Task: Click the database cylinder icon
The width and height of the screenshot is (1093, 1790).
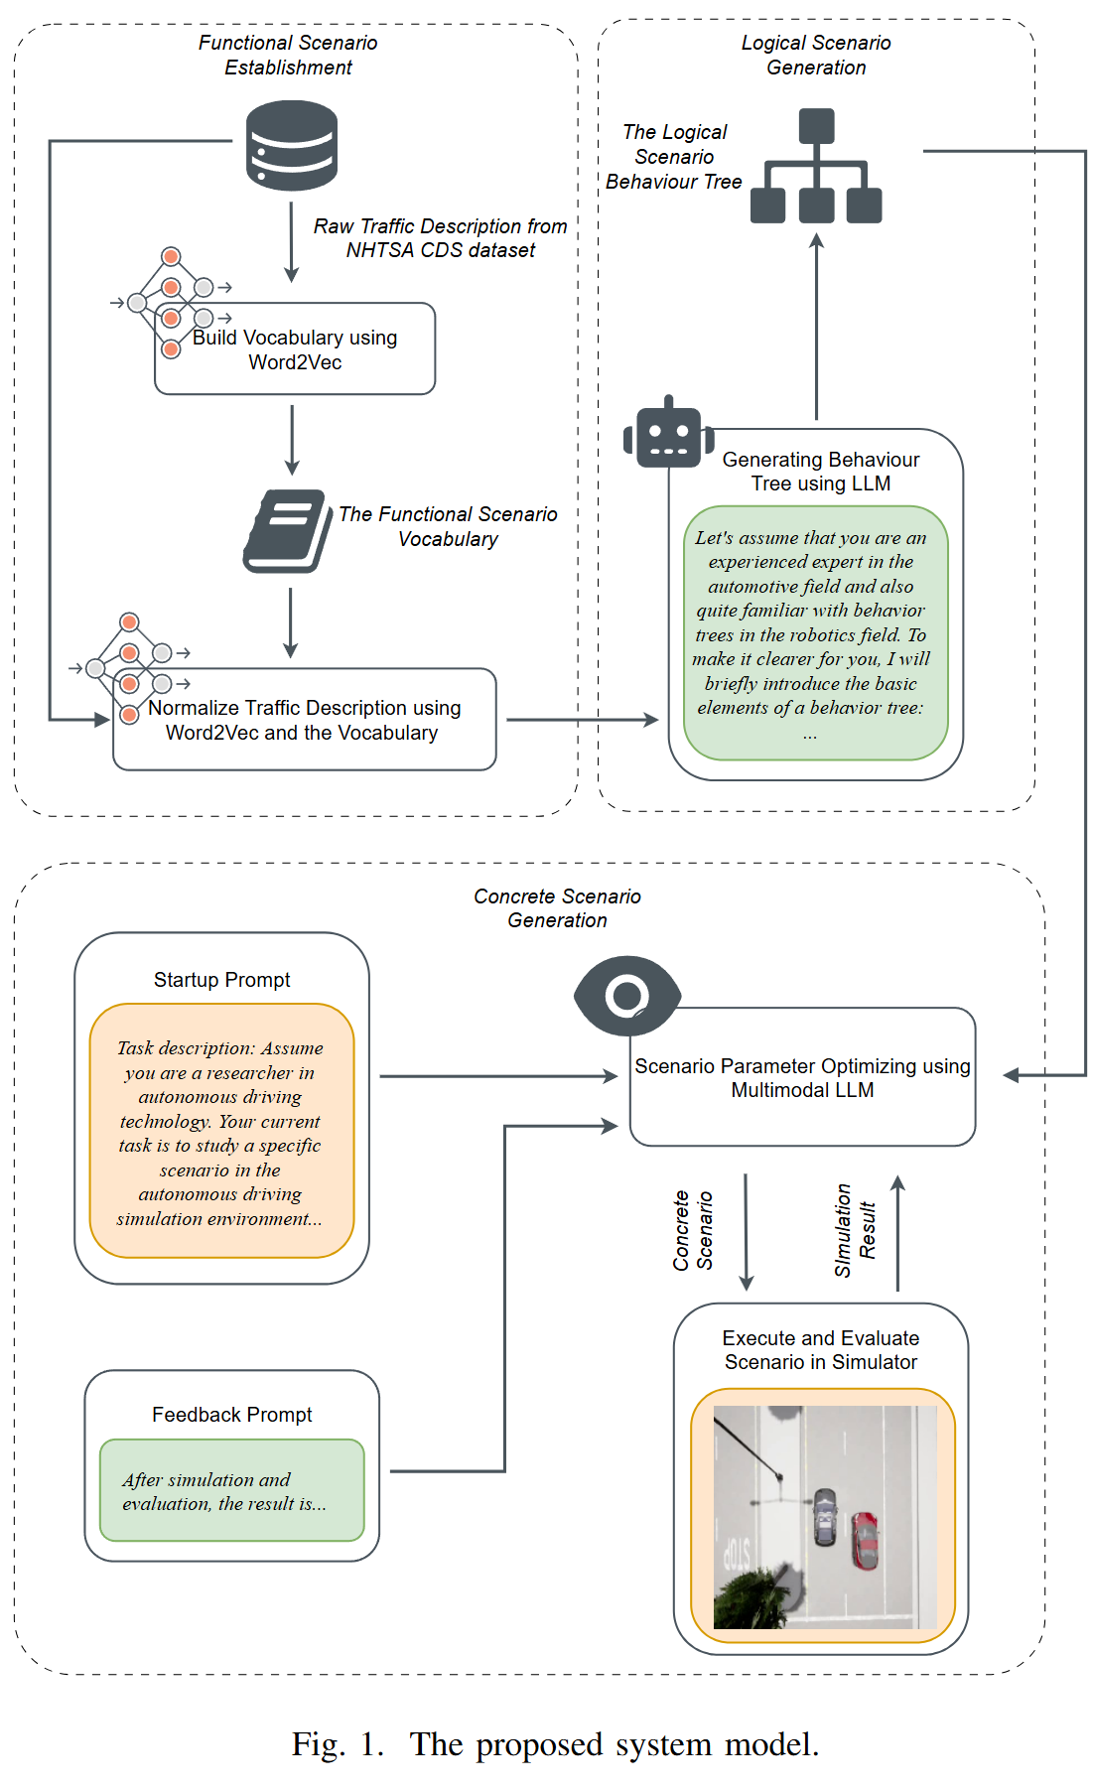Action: (x=292, y=145)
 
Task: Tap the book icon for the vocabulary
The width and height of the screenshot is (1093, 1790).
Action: (x=288, y=531)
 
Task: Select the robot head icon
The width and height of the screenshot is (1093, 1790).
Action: (x=668, y=433)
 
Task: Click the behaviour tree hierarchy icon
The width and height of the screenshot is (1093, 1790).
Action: (x=816, y=166)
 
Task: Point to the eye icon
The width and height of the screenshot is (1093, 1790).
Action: (x=627, y=996)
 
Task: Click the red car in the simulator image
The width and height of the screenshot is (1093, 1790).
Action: (x=865, y=1540)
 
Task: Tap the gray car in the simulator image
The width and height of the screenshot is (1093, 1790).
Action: (x=825, y=1516)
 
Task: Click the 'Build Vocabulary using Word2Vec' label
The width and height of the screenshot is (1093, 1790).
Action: (x=295, y=350)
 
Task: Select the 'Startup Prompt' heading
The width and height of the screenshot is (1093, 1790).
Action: (x=222, y=980)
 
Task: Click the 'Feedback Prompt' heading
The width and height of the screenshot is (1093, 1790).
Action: (x=232, y=1415)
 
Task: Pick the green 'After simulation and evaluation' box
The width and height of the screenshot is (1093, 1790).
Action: (x=232, y=1490)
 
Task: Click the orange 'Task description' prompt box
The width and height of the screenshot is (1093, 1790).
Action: (x=221, y=1131)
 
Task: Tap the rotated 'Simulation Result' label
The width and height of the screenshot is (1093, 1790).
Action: (x=855, y=1230)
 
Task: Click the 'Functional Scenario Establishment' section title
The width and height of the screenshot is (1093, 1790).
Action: (x=288, y=55)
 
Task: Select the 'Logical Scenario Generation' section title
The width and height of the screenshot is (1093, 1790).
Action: (x=816, y=55)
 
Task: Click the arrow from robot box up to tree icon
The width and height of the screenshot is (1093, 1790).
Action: (x=817, y=327)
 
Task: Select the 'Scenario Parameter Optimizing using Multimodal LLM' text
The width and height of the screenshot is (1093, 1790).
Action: (x=803, y=1078)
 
